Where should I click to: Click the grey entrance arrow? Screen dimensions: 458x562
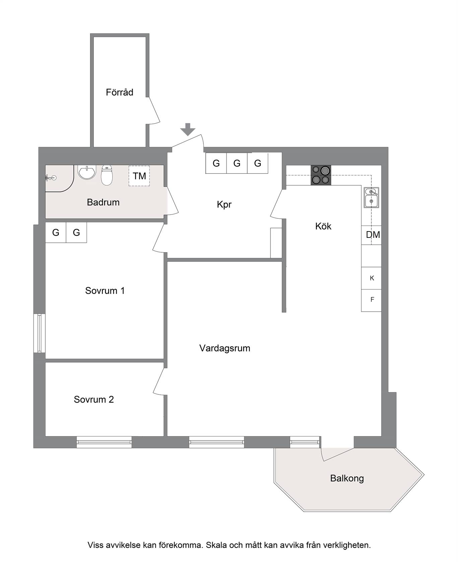[188, 129]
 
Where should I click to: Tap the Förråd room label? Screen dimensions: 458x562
[120, 92]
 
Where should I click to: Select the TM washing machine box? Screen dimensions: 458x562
[139, 176]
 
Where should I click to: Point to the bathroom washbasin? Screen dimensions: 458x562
[87, 172]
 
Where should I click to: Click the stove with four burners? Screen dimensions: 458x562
[321, 175]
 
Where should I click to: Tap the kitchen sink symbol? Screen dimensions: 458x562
[371, 197]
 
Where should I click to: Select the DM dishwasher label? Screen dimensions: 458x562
[373, 235]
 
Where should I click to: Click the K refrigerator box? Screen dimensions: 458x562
[371, 278]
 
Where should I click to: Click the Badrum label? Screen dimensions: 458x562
[103, 202]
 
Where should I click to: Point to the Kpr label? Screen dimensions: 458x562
[224, 204]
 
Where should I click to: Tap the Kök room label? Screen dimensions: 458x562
[323, 226]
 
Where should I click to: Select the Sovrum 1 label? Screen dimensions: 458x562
[105, 291]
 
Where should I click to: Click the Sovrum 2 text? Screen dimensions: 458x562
[94, 399]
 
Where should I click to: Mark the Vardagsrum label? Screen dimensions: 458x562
[225, 348]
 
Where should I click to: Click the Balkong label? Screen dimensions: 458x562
[347, 478]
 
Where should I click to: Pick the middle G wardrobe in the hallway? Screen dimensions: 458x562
[237, 163]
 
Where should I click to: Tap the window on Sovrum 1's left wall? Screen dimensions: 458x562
[40, 333]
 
